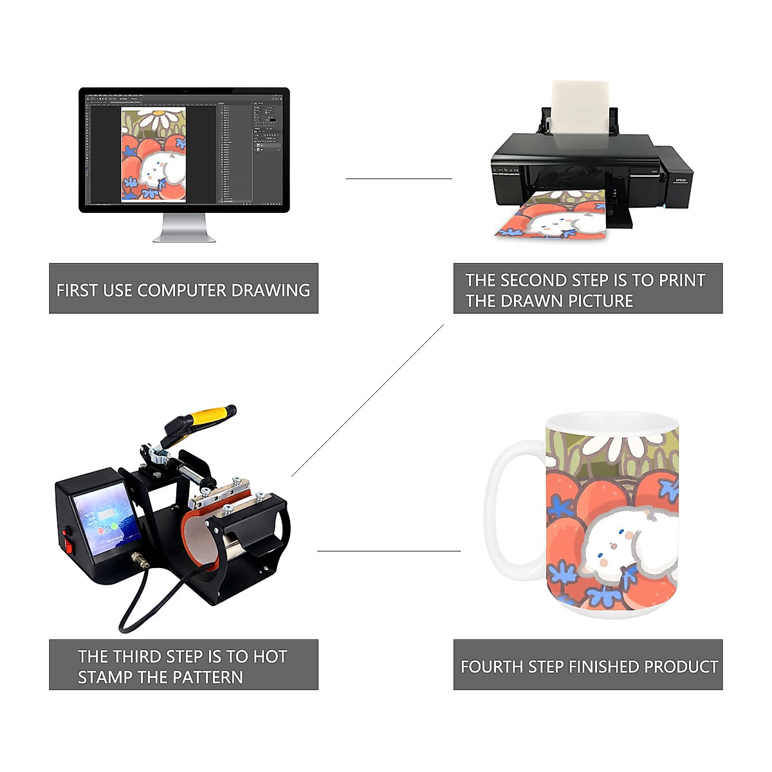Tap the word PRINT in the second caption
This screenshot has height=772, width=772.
click(x=683, y=280)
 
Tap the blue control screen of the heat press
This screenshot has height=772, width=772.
click(x=106, y=519)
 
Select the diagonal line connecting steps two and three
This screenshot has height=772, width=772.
click(x=368, y=400)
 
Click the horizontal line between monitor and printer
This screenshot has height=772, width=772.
click(x=399, y=179)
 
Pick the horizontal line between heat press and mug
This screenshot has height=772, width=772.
click(x=389, y=551)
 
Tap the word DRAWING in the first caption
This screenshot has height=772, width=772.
click(x=270, y=291)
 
